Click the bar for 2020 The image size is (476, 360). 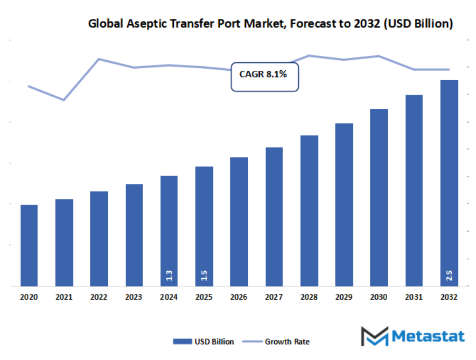click(29, 245)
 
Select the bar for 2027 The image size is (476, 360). click(274, 217)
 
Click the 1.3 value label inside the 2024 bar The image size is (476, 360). click(169, 275)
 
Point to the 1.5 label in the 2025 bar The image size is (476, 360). click(204, 275)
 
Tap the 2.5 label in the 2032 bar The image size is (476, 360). click(449, 275)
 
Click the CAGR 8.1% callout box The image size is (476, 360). click(264, 77)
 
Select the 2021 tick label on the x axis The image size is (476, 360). click(64, 298)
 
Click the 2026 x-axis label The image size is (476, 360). click(239, 298)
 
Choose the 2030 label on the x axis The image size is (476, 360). click(379, 298)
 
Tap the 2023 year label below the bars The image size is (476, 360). click(134, 298)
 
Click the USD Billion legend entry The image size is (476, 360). click(203, 342)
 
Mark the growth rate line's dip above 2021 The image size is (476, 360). click(64, 100)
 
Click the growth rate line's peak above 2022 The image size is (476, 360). click(99, 59)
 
